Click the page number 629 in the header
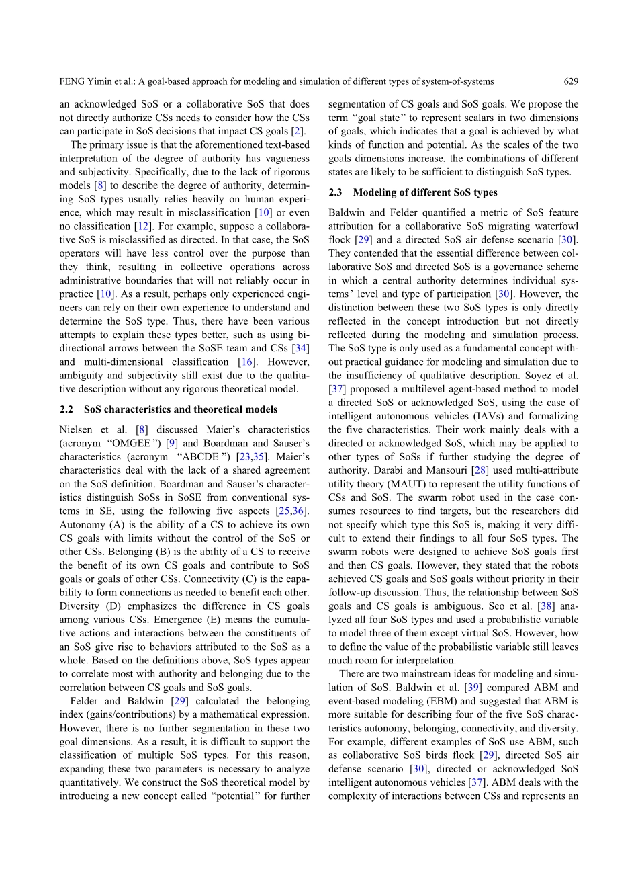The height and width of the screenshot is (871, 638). point(571,81)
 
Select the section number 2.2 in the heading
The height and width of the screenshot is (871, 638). point(66,409)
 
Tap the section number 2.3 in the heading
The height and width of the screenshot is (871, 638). point(336,192)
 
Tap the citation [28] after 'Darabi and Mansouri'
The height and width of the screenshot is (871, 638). point(456,470)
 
